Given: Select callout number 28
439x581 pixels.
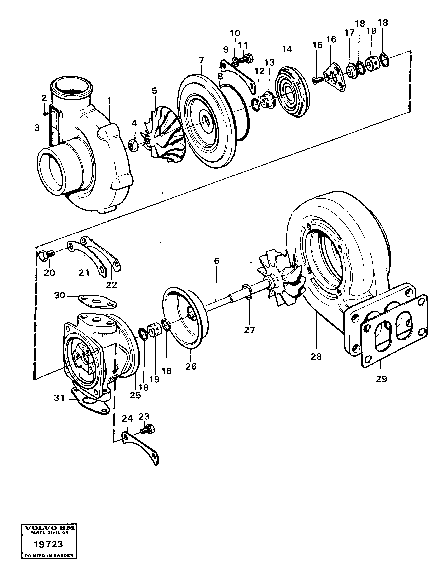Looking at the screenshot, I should pos(316,357).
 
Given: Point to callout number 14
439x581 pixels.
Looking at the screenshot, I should pos(287,49).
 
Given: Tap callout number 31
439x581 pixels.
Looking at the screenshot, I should pos(59,398).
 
